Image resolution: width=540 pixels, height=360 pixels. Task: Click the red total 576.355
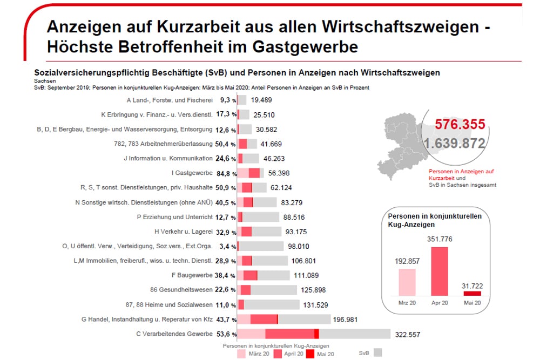click(x=460, y=124)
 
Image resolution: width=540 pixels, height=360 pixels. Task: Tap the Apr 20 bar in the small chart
click(x=440, y=271)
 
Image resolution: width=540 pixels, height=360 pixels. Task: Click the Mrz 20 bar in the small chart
click(x=407, y=282)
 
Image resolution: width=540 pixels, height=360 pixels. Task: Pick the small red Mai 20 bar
click(x=472, y=293)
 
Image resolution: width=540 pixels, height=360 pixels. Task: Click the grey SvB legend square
click(x=378, y=352)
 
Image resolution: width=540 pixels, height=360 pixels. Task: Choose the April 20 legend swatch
click(x=278, y=354)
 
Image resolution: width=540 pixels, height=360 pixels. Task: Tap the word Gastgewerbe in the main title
click(x=306, y=46)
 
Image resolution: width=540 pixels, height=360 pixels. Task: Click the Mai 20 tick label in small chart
click(x=472, y=303)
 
